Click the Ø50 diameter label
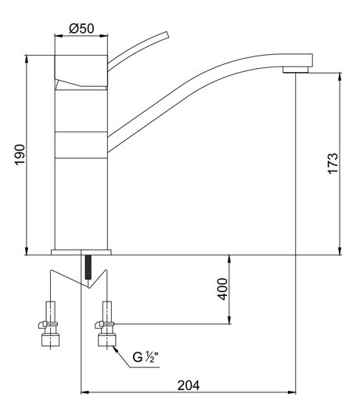click(81, 29)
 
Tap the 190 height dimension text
click(20, 155)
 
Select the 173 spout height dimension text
click(333, 163)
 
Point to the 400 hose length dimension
click(222, 289)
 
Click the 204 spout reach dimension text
click(189, 385)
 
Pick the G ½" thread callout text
click(146, 357)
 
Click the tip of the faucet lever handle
click(167, 35)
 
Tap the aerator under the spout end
click(296, 70)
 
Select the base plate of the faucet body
click(81, 252)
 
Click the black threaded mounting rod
click(88, 267)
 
